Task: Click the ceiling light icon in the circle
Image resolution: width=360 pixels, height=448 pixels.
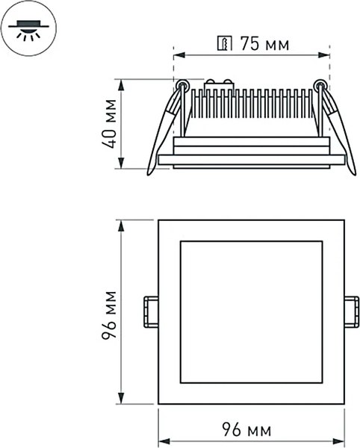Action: tap(31, 28)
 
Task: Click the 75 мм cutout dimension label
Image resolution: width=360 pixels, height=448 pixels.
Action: tap(263, 44)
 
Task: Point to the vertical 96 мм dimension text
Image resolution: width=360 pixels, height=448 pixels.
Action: tap(111, 314)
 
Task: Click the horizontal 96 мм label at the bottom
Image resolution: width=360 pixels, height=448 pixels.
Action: tap(247, 431)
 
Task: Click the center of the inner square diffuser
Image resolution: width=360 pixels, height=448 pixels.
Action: tap(251, 312)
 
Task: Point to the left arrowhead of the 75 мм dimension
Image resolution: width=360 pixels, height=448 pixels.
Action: tap(178, 54)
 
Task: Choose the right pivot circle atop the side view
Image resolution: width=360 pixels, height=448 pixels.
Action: tap(320, 84)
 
